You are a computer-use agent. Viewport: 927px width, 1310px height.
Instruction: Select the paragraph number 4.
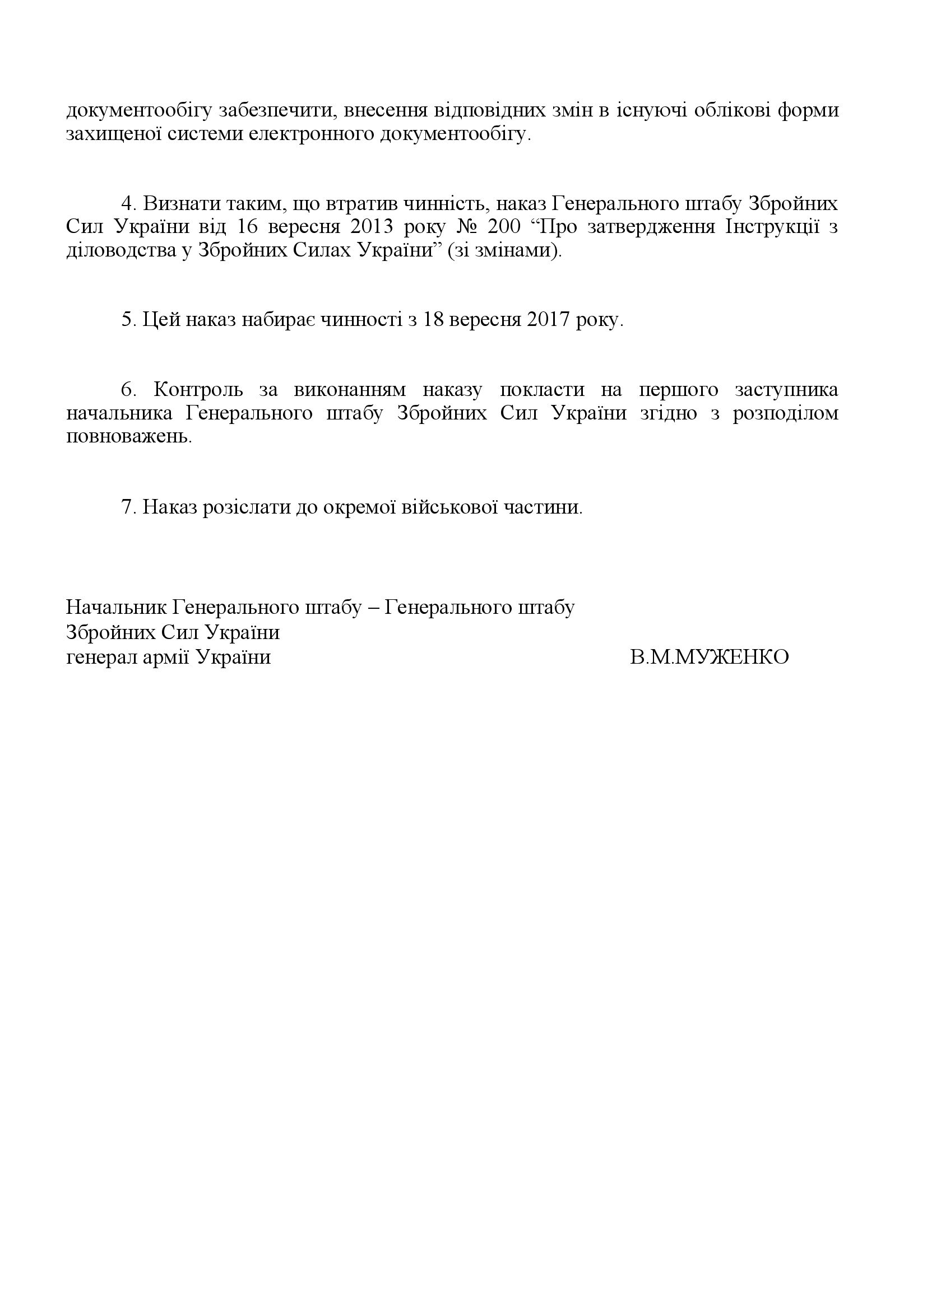coord(126,204)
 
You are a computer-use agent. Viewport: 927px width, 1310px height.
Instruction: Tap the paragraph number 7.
coord(126,507)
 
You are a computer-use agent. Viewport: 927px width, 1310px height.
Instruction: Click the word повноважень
coord(128,437)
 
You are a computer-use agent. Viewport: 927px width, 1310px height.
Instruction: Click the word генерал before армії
coord(99,658)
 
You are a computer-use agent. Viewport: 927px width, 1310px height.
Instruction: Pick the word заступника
coord(786,390)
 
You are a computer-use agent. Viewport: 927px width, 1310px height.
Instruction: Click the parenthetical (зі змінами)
coord(505,251)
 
